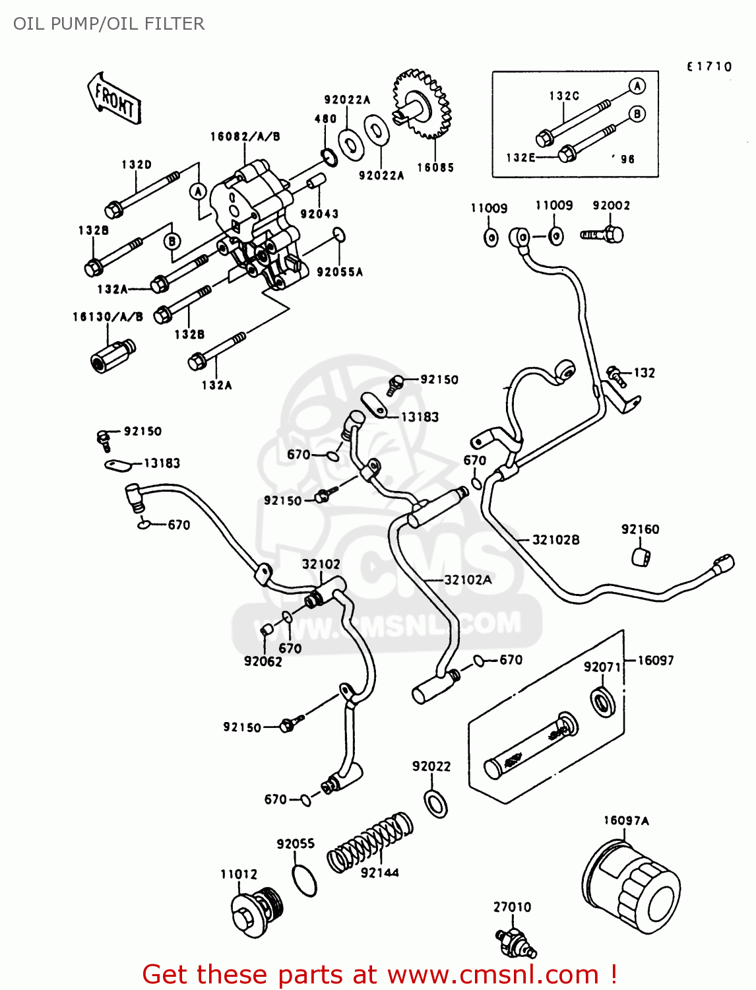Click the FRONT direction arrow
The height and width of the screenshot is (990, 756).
tap(113, 99)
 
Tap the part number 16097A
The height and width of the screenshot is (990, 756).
tap(626, 820)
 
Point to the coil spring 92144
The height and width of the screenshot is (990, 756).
tap(370, 841)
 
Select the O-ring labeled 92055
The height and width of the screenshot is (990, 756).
tap(304, 880)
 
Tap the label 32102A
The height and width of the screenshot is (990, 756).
tap(468, 580)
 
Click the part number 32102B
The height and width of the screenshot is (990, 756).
tap(555, 540)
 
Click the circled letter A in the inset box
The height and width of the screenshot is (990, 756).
tap(637, 86)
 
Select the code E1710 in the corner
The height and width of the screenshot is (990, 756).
tap(709, 67)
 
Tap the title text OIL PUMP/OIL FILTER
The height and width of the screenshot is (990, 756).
tap(109, 24)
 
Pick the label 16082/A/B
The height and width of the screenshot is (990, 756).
tap(245, 137)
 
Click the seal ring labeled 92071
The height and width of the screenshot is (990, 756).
tap(602, 701)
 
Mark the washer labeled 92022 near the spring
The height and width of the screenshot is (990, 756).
tap(435, 803)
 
